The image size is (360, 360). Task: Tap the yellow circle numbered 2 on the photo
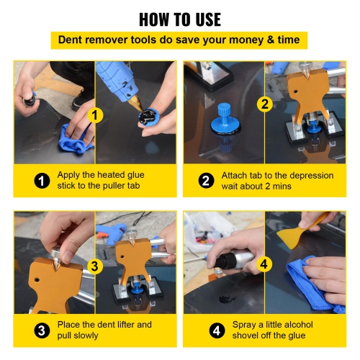click(264, 104)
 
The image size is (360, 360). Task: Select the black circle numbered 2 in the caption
click(206, 180)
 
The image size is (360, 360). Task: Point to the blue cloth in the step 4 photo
click(310, 281)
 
